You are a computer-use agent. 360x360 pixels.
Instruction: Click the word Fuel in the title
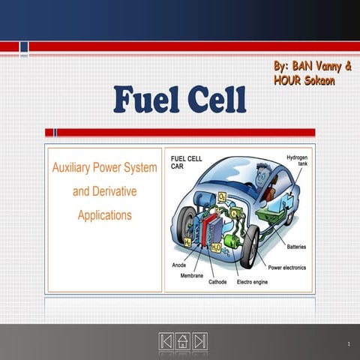[x=146, y=100]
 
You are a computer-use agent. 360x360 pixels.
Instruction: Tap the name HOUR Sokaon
[x=304, y=81]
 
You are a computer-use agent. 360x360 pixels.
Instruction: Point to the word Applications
[x=105, y=215]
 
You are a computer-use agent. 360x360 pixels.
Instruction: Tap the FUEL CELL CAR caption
[x=185, y=163]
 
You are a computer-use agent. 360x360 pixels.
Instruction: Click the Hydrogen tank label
[x=296, y=162]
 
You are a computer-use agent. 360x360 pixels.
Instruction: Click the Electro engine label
[x=256, y=283]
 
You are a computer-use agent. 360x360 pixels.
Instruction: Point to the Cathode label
[x=217, y=283]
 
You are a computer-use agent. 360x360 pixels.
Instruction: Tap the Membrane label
[x=192, y=274]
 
